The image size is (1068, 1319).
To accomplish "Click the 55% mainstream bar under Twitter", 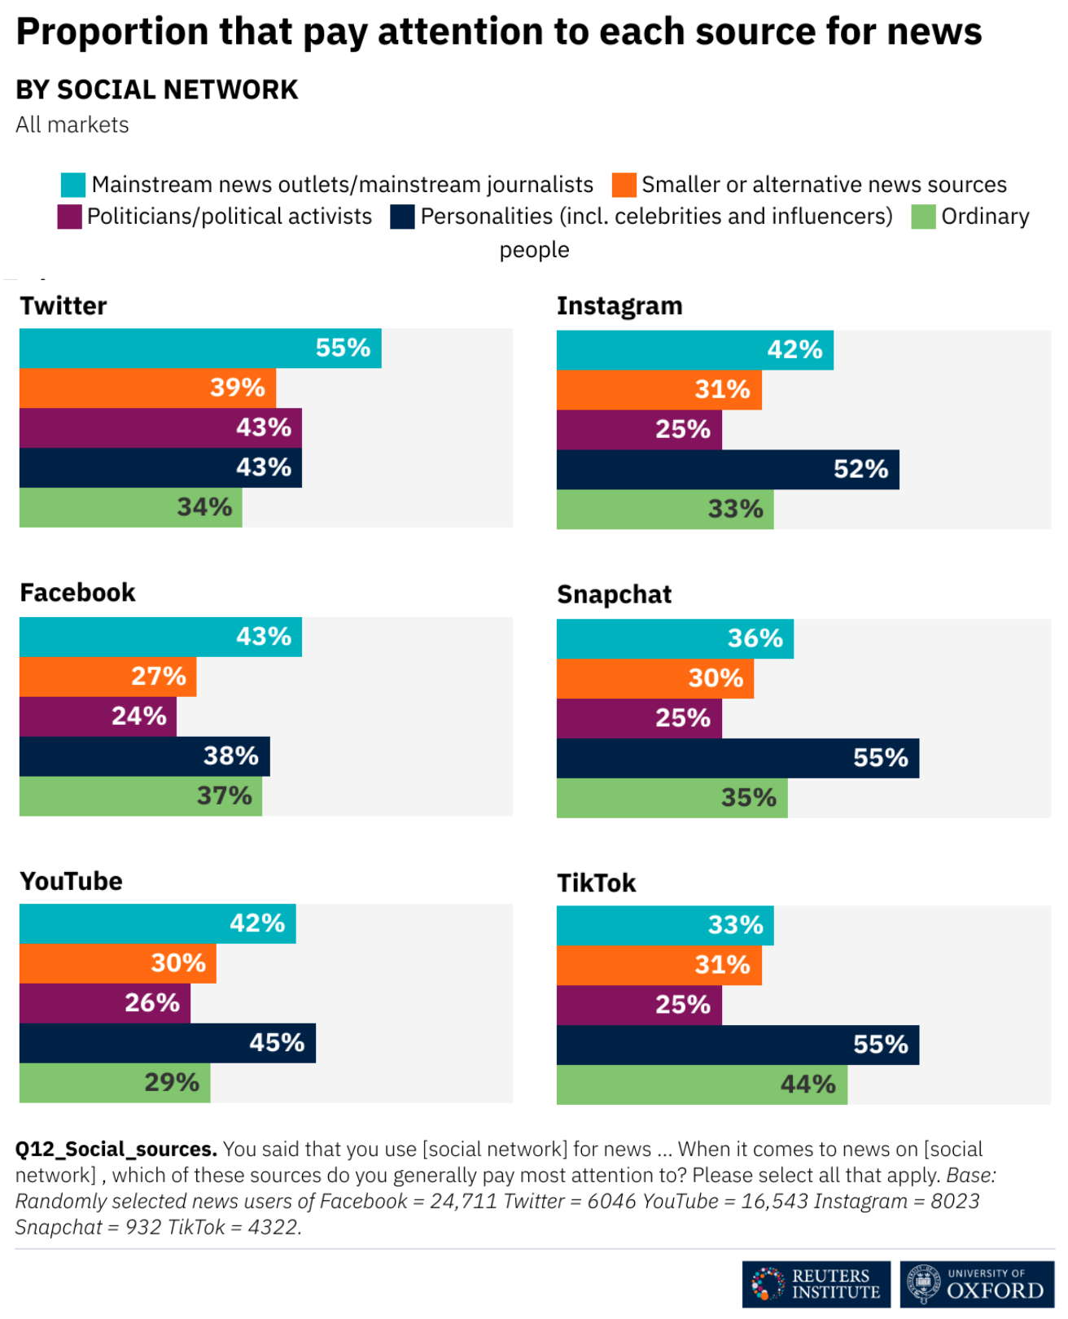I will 199,348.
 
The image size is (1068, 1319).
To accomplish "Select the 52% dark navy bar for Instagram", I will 727,470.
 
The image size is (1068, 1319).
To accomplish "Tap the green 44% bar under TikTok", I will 701,1085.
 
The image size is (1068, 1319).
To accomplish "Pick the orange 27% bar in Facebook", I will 107,677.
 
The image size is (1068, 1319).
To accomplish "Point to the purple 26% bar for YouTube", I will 104,1003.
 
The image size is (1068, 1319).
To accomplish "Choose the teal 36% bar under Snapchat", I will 674,638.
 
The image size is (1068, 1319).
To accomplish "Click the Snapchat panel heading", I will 614,595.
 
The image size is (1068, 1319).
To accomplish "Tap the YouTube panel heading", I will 71,882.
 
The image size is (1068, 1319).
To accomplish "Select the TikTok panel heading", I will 596,883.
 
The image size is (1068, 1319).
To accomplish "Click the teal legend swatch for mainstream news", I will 73,185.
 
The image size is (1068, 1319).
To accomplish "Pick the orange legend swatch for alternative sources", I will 624,185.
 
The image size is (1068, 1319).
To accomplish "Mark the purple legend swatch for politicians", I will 69,217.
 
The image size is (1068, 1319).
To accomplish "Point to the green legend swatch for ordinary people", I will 923,217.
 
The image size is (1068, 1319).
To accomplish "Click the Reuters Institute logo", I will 816,1284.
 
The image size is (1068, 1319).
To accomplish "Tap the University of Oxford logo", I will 977,1284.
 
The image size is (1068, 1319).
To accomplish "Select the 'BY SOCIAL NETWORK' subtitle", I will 157,90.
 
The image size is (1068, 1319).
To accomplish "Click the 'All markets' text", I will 72,125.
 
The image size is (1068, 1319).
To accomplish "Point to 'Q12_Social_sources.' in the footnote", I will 116,1150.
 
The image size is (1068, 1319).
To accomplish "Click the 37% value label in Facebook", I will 224,796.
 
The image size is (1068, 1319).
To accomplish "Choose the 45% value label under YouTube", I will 277,1043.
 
